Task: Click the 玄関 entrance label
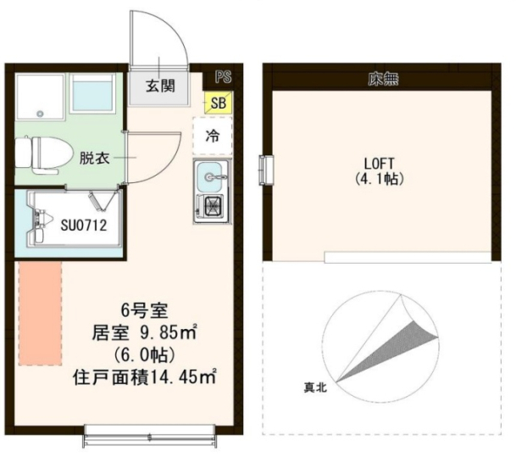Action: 159,85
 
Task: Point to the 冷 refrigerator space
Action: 214,135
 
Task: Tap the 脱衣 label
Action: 93,157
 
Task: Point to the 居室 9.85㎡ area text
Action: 145,331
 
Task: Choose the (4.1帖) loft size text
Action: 380,180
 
